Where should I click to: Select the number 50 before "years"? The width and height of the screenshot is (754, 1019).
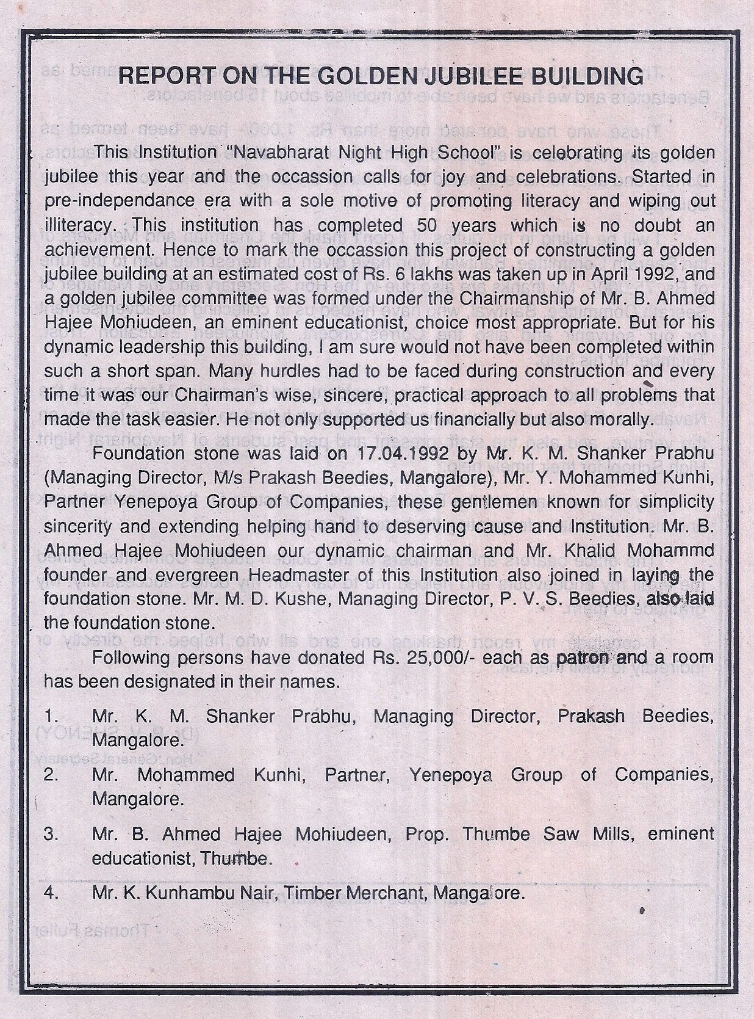tap(428, 225)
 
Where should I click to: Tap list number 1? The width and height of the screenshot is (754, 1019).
tap(51, 716)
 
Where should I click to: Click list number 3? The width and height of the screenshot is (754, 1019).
tap(52, 835)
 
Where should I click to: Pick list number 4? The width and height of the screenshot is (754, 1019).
tap(52, 893)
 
